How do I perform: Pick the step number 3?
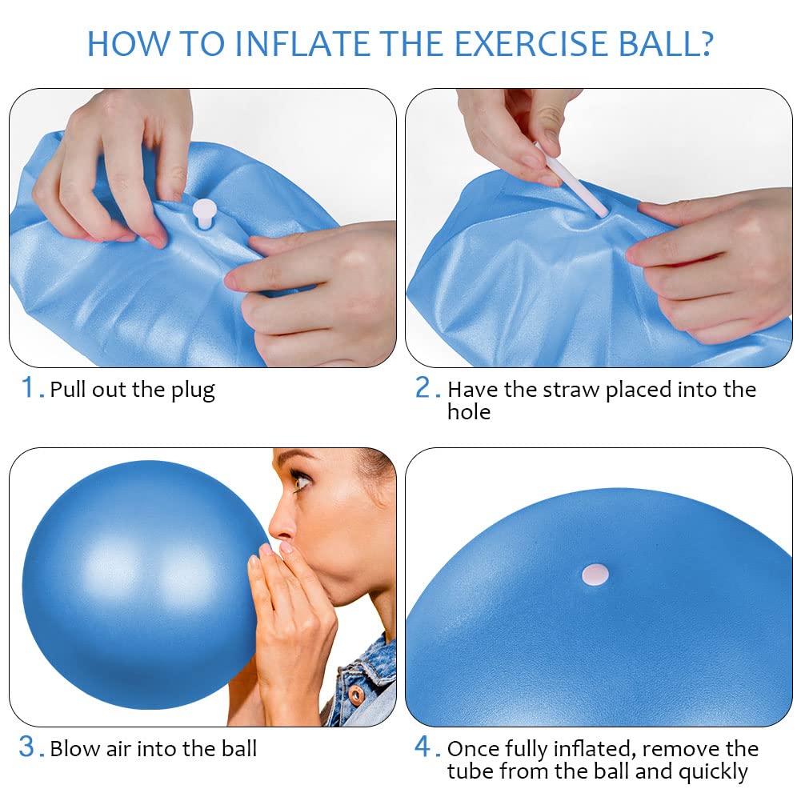26,747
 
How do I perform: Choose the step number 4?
423,747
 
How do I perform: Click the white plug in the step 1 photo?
204,214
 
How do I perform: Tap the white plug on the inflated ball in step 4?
595,575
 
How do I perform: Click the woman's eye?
302,482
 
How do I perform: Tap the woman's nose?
280,527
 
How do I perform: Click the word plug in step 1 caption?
193,390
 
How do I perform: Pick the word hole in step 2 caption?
469,412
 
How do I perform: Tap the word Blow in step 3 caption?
75,749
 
